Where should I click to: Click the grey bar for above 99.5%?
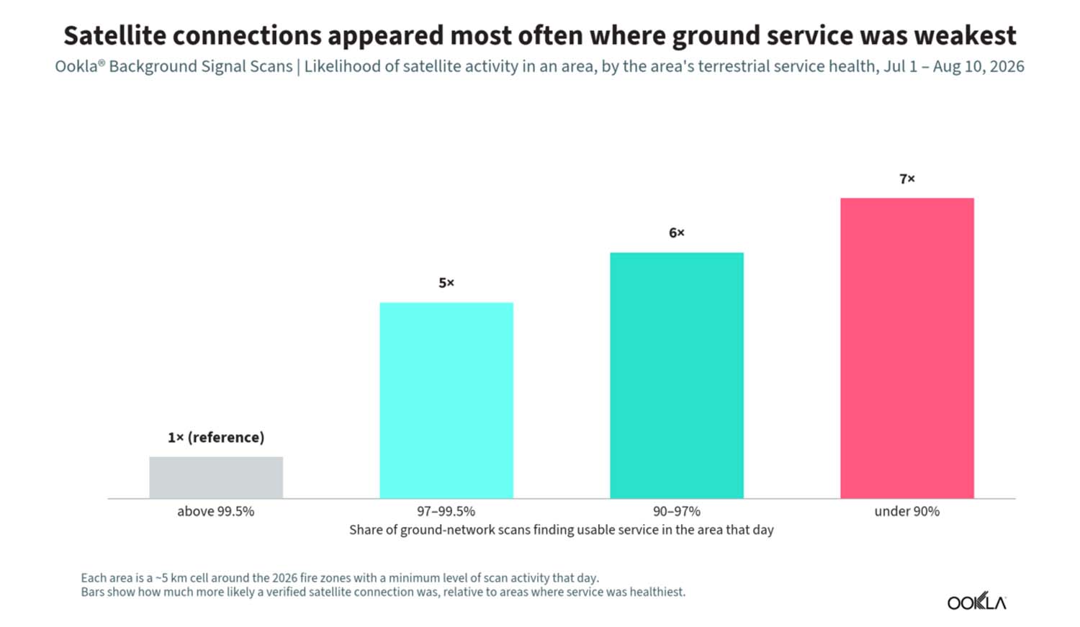pos(216,477)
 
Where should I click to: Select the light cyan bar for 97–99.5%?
pos(446,400)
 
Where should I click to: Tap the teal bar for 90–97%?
pos(677,376)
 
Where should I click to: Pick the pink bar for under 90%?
pos(907,348)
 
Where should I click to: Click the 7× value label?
pos(907,179)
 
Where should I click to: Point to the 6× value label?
pos(677,233)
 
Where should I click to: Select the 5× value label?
pos(446,283)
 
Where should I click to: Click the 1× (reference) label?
pos(216,438)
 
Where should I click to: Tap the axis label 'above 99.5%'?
pos(216,511)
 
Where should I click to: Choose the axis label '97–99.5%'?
pos(446,511)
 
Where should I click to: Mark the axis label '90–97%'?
pos(677,511)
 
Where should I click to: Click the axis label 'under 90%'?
pos(907,511)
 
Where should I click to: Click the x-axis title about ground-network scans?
pos(562,530)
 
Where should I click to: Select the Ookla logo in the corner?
pos(977,603)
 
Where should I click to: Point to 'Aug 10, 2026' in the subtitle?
pos(978,66)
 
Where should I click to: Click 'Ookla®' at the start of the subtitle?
pos(80,66)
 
